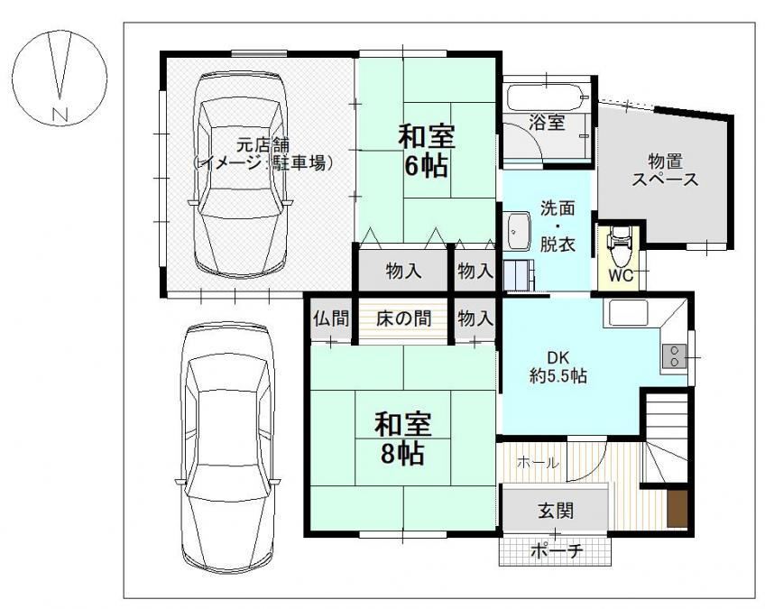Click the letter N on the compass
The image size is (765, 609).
(60, 114)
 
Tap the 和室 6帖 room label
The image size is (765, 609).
(427, 151)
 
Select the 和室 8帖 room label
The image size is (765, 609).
(402, 438)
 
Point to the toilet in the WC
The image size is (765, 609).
(619, 245)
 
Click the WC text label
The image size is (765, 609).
(621, 275)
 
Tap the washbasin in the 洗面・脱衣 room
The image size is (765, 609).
(519, 230)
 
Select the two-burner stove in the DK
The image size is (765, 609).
(674, 355)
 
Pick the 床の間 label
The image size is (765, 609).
(403, 318)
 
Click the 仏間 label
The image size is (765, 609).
(331, 318)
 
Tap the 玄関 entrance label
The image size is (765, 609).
(556, 511)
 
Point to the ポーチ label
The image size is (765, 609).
(557, 551)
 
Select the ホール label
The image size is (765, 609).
(538, 462)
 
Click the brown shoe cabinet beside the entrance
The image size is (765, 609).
(677, 509)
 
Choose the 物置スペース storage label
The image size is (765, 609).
(665, 170)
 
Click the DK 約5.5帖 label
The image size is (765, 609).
(558, 366)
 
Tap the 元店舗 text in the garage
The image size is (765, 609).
(263, 145)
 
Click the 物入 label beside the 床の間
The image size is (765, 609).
(475, 318)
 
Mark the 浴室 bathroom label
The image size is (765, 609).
(547, 122)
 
